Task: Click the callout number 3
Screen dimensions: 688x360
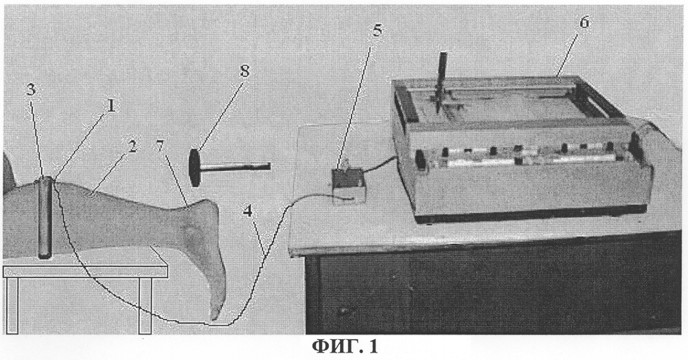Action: [x=31, y=90]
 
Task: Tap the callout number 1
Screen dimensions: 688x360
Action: [x=111, y=106]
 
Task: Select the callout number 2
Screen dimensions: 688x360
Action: [x=132, y=147]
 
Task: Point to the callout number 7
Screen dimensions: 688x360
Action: [x=159, y=147]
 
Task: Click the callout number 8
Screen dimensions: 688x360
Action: [x=244, y=71]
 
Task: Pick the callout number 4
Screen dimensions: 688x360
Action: [x=248, y=212]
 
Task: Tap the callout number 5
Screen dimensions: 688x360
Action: [x=377, y=30]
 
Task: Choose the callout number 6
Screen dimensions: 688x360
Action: [x=584, y=22]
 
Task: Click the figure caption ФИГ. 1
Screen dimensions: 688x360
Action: [x=345, y=347]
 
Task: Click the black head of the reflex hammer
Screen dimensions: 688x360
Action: [x=195, y=167]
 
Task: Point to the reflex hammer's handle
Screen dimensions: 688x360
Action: [x=235, y=166]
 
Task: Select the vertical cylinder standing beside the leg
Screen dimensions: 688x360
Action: [x=45, y=217]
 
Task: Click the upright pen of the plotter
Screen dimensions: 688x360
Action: [x=441, y=80]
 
